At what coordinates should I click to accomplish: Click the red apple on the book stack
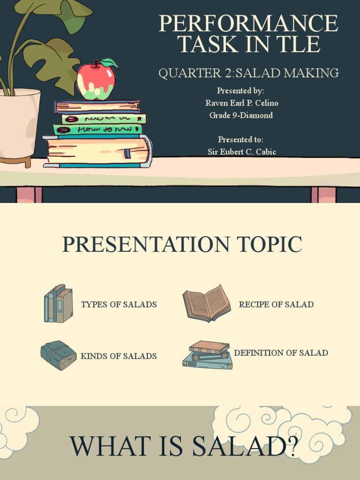(96, 81)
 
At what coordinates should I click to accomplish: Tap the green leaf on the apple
(108, 63)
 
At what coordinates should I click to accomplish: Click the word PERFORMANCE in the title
(248, 23)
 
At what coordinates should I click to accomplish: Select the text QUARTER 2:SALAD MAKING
(248, 73)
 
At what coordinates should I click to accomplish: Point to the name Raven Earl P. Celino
(241, 103)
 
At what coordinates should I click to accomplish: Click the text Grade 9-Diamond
(241, 115)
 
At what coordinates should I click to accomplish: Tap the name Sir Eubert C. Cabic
(241, 151)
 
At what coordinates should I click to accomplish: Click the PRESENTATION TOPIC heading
(182, 245)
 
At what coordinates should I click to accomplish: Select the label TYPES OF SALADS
(119, 304)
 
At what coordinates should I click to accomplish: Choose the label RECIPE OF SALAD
(276, 304)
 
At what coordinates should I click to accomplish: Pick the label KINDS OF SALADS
(119, 356)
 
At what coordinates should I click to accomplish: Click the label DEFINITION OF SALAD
(281, 352)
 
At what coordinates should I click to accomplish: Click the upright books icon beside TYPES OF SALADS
(59, 304)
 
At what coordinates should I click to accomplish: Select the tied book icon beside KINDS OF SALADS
(59, 355)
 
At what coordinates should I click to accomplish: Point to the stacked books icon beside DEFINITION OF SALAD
(208, 355)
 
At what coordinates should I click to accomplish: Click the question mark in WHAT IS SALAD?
(291, 447)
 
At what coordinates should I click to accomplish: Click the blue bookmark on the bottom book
(127, 153)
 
